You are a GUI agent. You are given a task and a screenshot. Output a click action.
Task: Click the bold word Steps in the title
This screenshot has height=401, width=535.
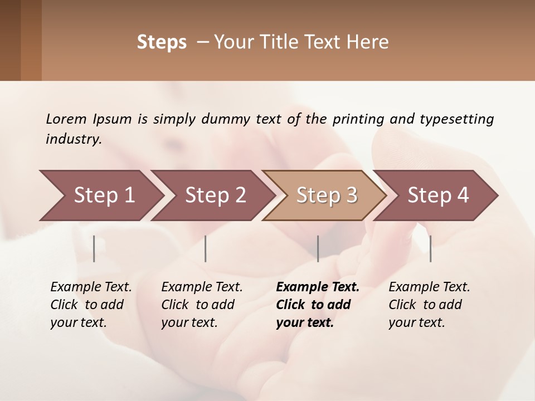[x=162, y=42]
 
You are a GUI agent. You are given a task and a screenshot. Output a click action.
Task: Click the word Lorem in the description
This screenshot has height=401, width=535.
[x=66, y=119]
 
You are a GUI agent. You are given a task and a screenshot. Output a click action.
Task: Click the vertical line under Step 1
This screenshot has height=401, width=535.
[x=94, y=248]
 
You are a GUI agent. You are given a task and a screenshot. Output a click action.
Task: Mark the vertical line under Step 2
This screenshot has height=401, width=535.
[x=206, y=248]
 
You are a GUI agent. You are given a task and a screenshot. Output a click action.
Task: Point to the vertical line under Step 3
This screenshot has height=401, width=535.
[x=318, y=248]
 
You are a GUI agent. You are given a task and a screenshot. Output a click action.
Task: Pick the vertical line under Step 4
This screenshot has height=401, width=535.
[x=430, y=248]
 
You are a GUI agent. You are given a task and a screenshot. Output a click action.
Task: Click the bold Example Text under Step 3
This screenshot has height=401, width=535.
[x=318, y=287]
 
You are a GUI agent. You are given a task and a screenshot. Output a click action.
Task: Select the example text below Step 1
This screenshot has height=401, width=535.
[x=91, y=305]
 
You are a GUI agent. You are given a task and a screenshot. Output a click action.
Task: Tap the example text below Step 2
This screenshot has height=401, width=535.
[x=202, y=305]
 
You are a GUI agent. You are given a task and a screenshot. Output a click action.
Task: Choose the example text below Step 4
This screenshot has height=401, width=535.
[x=429, y=305]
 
